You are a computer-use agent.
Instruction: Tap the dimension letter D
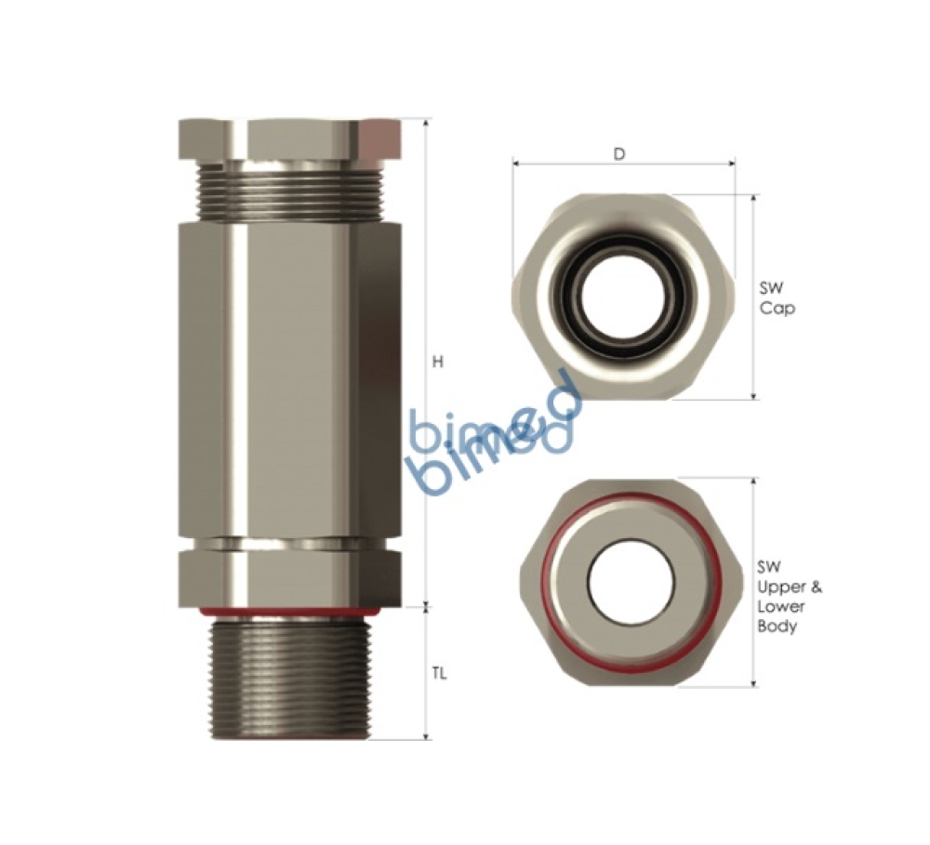point(619,154)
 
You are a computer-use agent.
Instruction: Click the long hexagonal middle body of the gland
point(289,372)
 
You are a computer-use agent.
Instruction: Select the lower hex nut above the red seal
point(289,576)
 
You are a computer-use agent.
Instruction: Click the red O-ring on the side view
point(289,611)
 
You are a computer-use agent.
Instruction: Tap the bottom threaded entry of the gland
point(289,679)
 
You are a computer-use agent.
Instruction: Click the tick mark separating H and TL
point(426,607)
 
